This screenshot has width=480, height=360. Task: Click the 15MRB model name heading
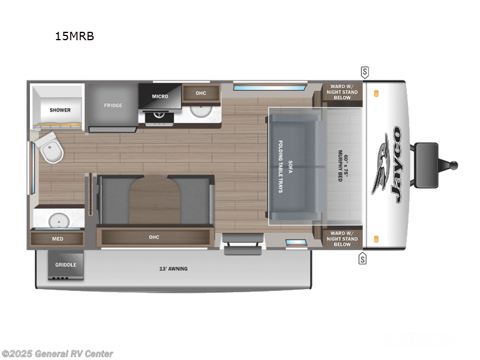pos(74,36)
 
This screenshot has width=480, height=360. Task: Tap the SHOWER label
pos(60,110)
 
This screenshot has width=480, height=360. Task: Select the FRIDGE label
pos(113,106)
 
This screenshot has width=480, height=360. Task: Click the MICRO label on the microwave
pos(159,96)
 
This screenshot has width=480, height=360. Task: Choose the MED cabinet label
pos(58,239)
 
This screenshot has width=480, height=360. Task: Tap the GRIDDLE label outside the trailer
pos(65,265)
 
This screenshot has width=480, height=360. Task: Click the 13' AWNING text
pos(173,268)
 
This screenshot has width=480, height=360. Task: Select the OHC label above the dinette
pos(154,237)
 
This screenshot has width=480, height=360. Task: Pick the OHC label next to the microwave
pos(200,93)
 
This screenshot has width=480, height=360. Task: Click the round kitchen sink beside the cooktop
pos(200,112)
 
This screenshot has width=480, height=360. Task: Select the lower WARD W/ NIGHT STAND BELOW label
pos(342,239)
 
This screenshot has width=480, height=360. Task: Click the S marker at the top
pos(365,72)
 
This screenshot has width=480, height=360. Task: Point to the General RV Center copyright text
pos(58,354)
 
